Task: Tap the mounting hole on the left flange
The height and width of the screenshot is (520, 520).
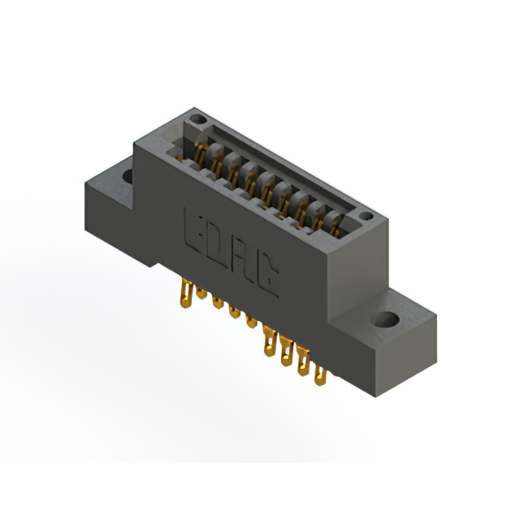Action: pos(128,174)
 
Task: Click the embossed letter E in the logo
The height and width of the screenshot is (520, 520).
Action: pos(194,226)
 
